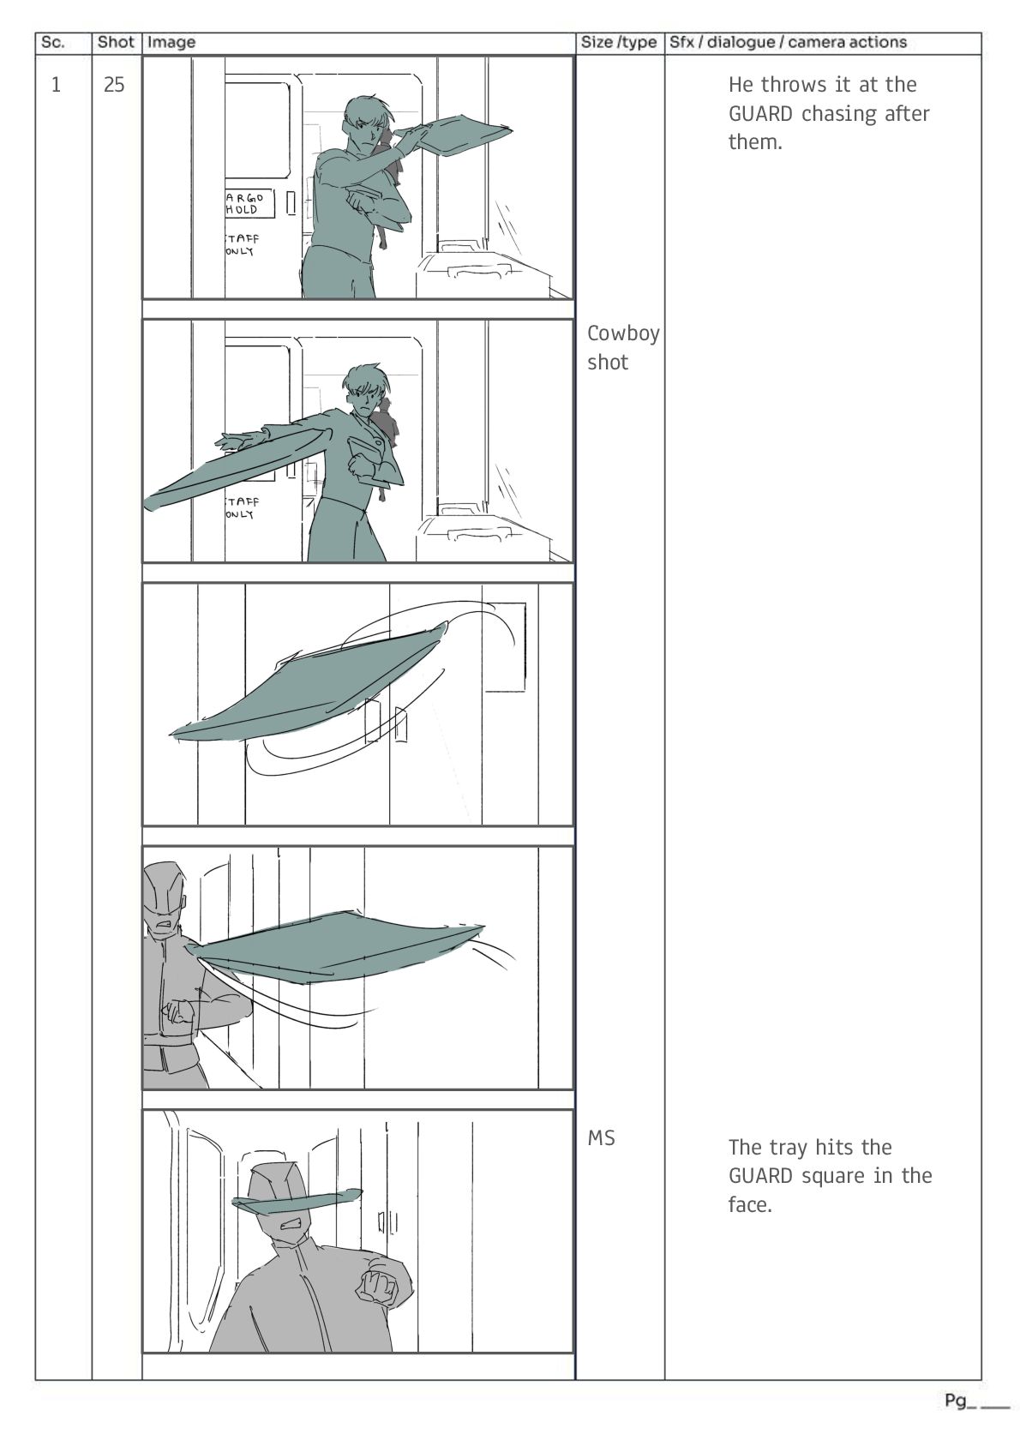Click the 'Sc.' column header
tap(52, 43)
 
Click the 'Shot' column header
tap(116, 43)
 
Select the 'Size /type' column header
tap(618, 43)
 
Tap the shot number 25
tap(114, 84)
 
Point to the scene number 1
tap(56, 84)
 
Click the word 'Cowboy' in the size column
tap(623, 333)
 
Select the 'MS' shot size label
tap(601, 1138)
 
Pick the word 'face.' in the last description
tap(750, 1204)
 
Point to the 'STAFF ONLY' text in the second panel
tap(243, 507)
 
